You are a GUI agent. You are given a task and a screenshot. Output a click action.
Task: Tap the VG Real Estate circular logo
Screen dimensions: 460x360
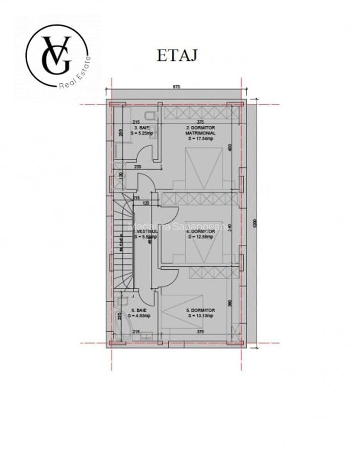[57, 56]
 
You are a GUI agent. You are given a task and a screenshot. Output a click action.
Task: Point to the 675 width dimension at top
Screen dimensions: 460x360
[176, 87]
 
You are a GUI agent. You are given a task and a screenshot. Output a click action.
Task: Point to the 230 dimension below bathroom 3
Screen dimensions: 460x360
[137, 167]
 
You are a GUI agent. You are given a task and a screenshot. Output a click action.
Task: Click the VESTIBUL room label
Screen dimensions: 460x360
[145, 231]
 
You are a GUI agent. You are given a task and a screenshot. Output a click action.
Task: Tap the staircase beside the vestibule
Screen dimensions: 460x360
[123, 240]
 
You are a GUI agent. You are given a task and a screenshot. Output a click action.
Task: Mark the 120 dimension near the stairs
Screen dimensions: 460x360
[146, 203]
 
